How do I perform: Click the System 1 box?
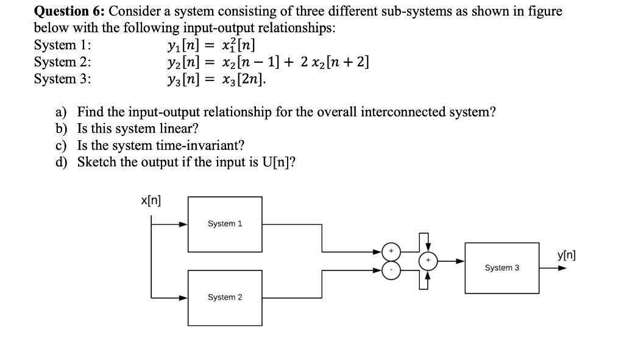(x=225, y=224)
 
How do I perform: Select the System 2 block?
(x=225, y=297)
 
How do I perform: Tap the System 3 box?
(x=502, y=267)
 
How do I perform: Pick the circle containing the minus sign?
(x=392, y=271)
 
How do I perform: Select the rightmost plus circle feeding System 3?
(x=428, y=261)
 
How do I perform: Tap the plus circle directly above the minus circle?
(x=392, y=250)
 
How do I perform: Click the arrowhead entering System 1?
(x=182, y=224)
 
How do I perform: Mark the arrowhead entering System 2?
(x=182, y=298)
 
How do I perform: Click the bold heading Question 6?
(x=69, y=11)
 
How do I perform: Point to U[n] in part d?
(x=277, y=162)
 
